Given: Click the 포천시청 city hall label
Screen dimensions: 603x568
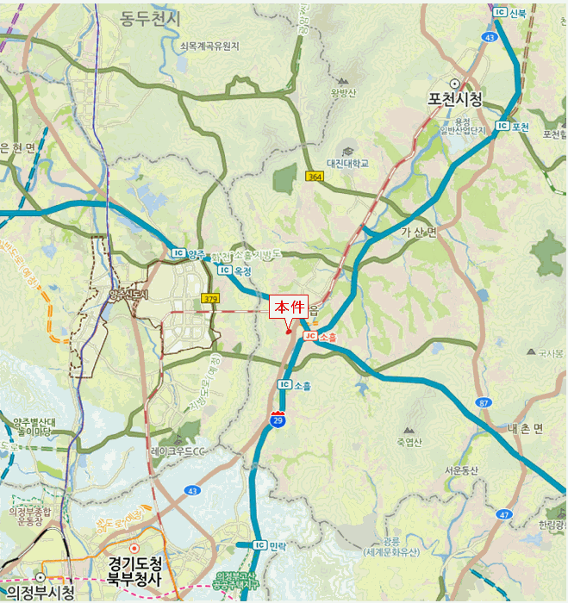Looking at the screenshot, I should point(454,99).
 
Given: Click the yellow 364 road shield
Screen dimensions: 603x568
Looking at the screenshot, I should point(315,176).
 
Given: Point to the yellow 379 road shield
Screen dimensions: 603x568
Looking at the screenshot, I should point(209,298).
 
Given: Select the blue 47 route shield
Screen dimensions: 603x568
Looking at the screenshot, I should point(504,513).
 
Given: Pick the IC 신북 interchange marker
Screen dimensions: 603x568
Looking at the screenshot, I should point(510,12).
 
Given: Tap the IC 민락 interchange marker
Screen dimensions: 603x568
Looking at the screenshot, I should point(270,545).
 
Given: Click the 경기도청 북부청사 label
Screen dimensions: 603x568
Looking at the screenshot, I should point(135,569).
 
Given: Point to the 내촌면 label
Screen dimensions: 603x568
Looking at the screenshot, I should point(524,429).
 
